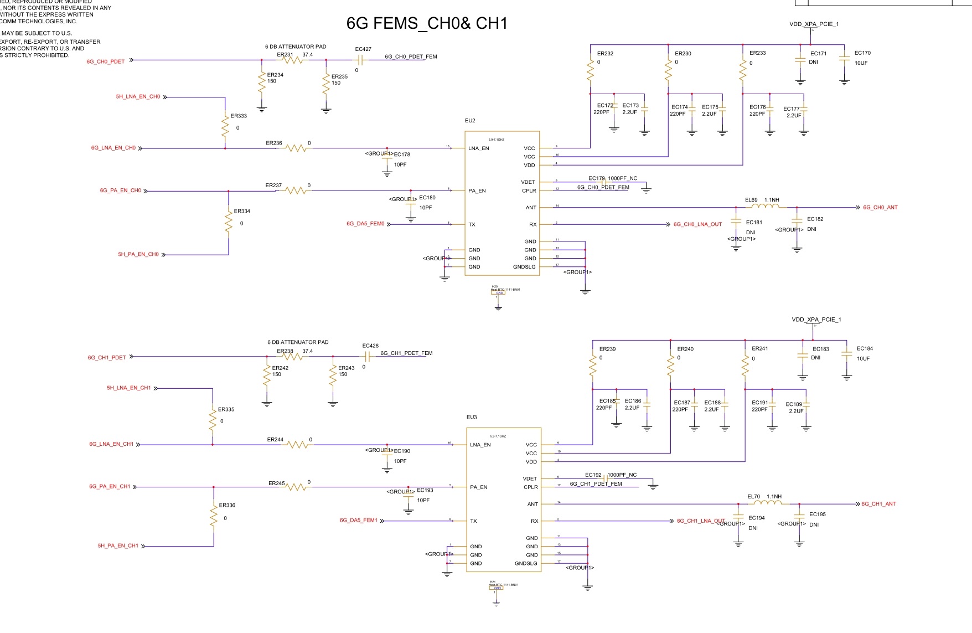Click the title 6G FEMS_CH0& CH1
(426, 23)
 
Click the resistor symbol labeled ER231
(293, 60)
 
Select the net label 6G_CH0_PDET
(105, 61)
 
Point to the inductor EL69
(766, 207)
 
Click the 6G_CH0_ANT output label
(880, 208)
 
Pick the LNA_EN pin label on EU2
(479, 148)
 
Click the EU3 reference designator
(472, 417)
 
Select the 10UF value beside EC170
(861, 63)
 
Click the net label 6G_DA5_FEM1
(358, 521)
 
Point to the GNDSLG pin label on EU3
(526, 564)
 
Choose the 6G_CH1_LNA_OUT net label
(701, 521)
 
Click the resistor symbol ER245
(297, 487)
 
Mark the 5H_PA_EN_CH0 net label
(138, 255)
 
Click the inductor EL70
(768, 504)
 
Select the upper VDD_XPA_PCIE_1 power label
(814, 24)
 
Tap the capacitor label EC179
(596, 178)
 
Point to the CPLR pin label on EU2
(529, 191)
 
